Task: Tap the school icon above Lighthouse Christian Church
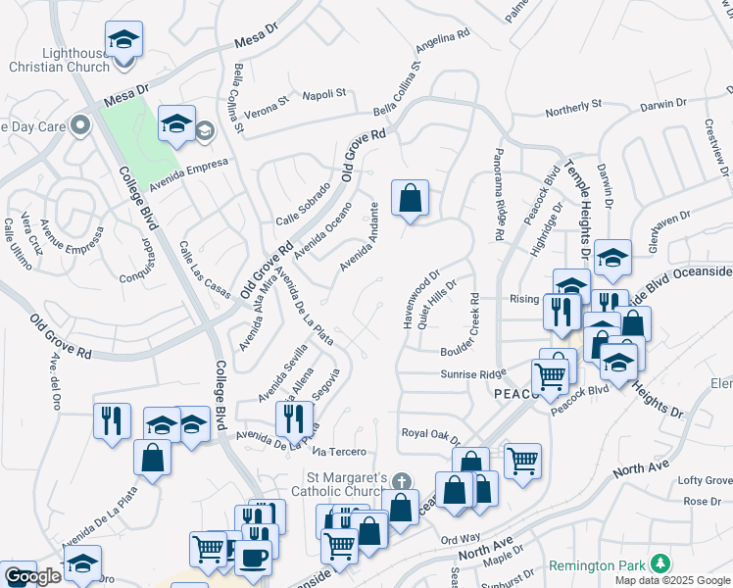[124, 40]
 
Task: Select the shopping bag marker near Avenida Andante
[410, 198]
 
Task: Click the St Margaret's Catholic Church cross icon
[400, 481]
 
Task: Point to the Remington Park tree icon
[661, 563]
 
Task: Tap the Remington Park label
[600, 565]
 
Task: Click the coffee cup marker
[254, 557]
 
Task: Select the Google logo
[32, 576]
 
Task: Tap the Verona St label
[268, 100]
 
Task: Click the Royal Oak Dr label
[430, 432]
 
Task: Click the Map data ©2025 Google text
[672, 580]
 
